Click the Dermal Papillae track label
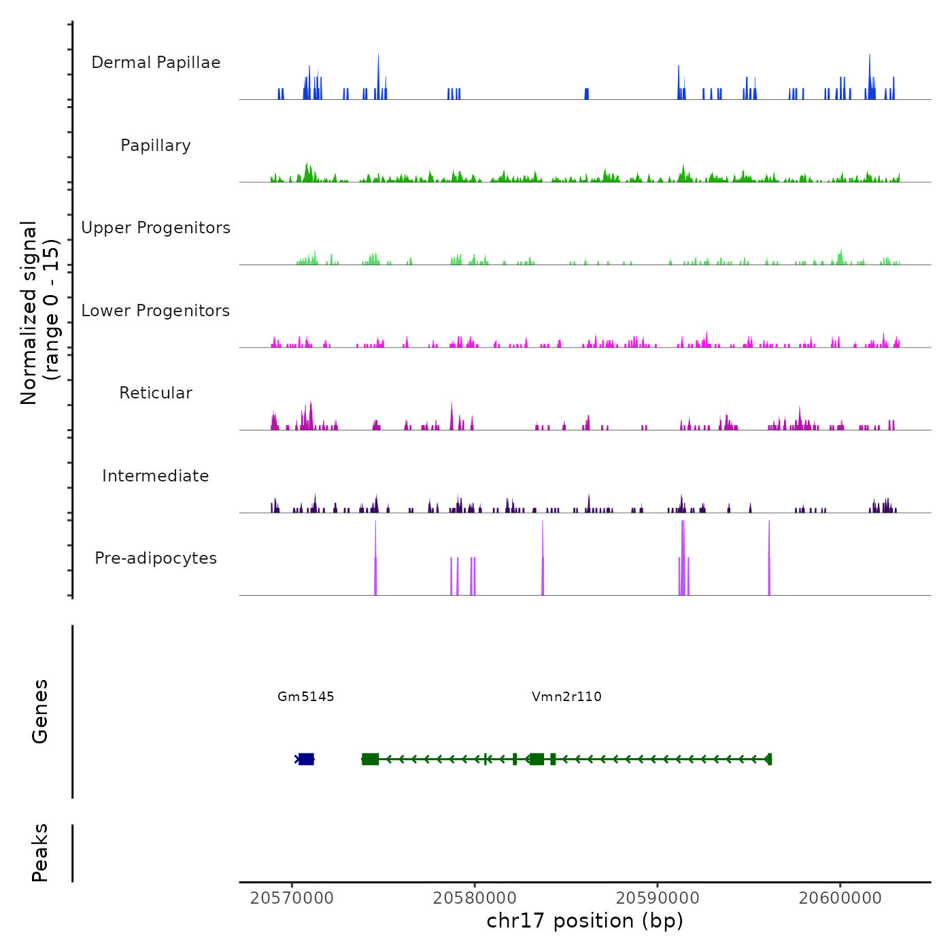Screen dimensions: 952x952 (x=156, y=63)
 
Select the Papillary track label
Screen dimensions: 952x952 (x=156, y=146)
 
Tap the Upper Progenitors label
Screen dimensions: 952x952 (x=156, y=228)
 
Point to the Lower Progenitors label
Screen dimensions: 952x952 (x=156, y=311)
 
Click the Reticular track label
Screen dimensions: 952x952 (x=156, y=393)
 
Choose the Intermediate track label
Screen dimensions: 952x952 (x=156, y=476)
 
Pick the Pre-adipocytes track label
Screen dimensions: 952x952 (x=156, y=558)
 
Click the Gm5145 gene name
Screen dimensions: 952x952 (x=306, y=696)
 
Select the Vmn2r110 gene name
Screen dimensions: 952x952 (x=566, y=696)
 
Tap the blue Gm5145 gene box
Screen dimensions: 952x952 (x=306, y=759)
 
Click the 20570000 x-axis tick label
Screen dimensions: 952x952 (x=292, y=898)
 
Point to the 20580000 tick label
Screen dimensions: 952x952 (x=475, y=898)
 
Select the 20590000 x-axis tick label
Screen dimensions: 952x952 (x=658, y=898)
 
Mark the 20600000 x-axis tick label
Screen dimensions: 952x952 (x=840, y=898)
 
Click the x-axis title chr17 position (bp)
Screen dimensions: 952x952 (x=585, y=921)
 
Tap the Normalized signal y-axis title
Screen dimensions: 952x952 (x=39, y=313)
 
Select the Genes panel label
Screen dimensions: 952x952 (x=40, y=711)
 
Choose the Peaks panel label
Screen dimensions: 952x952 (x=40, y=853)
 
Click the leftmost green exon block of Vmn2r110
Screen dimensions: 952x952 (x=370, y=759)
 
